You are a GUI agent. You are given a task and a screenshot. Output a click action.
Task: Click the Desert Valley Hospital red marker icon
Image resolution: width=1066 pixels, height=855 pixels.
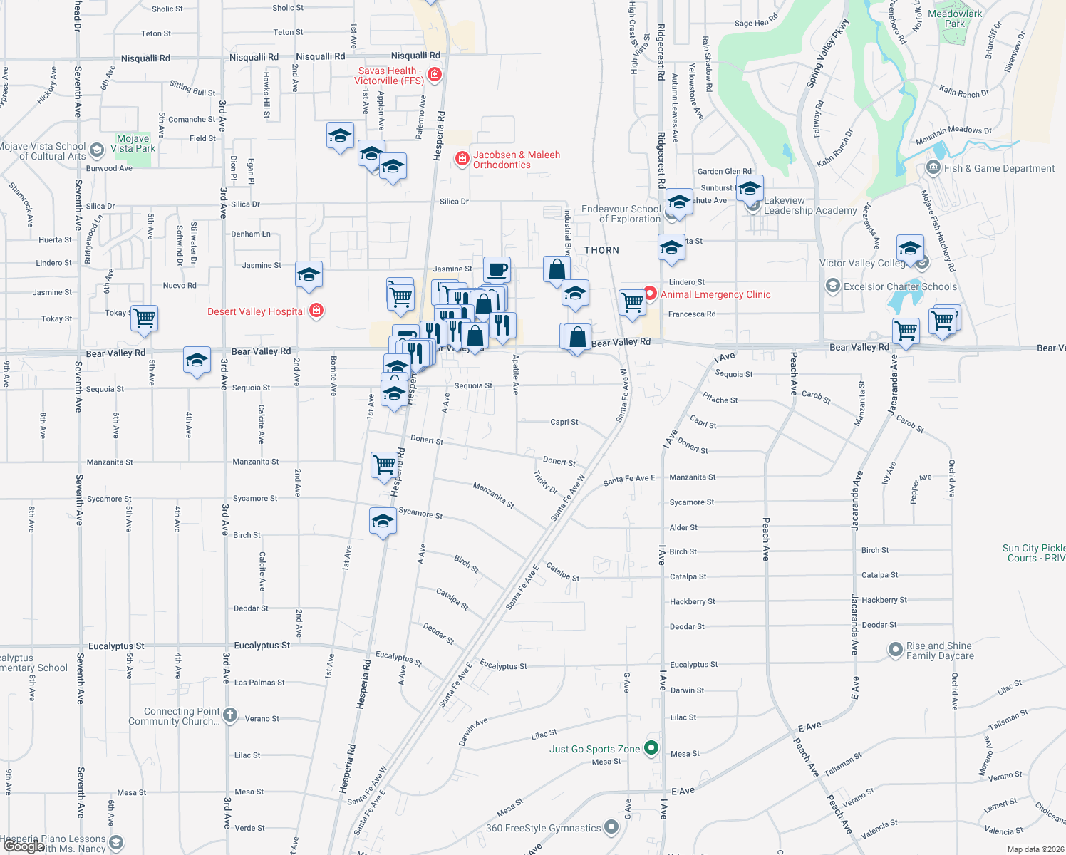(317, 311)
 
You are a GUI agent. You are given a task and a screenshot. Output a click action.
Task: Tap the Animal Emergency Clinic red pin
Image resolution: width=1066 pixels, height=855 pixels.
(650, 294)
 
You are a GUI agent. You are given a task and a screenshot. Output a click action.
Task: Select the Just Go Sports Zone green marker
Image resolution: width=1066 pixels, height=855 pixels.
(651, 748)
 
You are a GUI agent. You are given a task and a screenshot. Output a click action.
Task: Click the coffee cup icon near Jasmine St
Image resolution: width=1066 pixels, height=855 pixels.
(497, 270)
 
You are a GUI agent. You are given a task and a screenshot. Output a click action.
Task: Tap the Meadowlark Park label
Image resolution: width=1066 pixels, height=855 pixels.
(955, 19)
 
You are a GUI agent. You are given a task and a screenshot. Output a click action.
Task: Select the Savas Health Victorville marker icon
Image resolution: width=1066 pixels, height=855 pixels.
(434, 74)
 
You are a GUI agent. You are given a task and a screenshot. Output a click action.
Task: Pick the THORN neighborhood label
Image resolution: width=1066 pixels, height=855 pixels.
(601, 250)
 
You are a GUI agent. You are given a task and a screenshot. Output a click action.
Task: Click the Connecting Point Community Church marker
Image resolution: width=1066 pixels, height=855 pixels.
(229, 715)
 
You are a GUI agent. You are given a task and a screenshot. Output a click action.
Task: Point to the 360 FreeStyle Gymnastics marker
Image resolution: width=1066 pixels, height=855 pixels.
(611, 827)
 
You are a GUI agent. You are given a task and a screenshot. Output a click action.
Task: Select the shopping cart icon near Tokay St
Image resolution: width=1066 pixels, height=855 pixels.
(144, 318)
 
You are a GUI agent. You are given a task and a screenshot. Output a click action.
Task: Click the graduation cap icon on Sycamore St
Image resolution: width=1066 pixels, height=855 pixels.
(383, 521)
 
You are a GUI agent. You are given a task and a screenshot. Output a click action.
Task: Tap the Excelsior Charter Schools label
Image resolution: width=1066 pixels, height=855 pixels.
(900, 286)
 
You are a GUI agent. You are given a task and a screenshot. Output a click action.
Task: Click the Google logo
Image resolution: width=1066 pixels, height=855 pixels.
(24, 846)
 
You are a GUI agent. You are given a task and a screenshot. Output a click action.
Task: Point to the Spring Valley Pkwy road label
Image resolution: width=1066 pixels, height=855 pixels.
(828, 54)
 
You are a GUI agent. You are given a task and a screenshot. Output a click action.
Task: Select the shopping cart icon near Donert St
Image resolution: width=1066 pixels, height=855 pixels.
(384, 464)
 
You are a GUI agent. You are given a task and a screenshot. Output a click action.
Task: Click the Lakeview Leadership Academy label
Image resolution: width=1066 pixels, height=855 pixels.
(809, 205)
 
